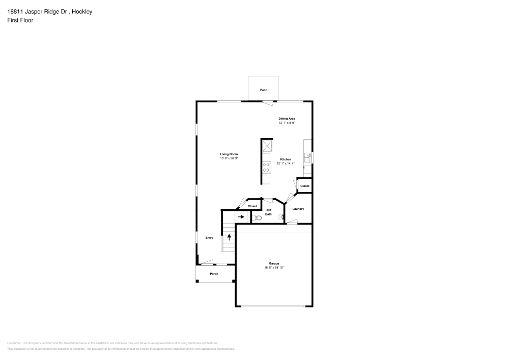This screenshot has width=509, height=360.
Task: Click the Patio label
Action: (263, 90)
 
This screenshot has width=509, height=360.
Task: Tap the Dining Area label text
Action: (287, 119)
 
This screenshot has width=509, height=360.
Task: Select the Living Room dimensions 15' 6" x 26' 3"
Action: (229, 158)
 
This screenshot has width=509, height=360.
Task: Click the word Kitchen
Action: (286, 159)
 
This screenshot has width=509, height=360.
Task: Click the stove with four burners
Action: (266, 168)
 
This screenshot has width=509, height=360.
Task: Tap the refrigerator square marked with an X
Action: (266, 146)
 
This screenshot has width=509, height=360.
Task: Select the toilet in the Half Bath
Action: (257, 218)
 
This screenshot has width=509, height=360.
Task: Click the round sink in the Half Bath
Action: (280, 217)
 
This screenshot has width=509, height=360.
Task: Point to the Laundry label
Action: (298, 209)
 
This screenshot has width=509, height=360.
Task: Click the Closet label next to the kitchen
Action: (304, 186)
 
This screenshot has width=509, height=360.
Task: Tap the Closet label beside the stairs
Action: (252, 206)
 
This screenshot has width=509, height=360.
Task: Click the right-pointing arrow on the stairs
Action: (241, 216)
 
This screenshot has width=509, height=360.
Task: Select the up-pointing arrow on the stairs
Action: (229, 236)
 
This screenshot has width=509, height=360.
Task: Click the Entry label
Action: (209, 238)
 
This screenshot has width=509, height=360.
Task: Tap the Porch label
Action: (214, 274)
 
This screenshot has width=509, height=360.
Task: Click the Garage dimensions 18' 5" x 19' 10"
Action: (273, 267)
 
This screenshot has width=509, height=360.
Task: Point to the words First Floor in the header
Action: (20, 20)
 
